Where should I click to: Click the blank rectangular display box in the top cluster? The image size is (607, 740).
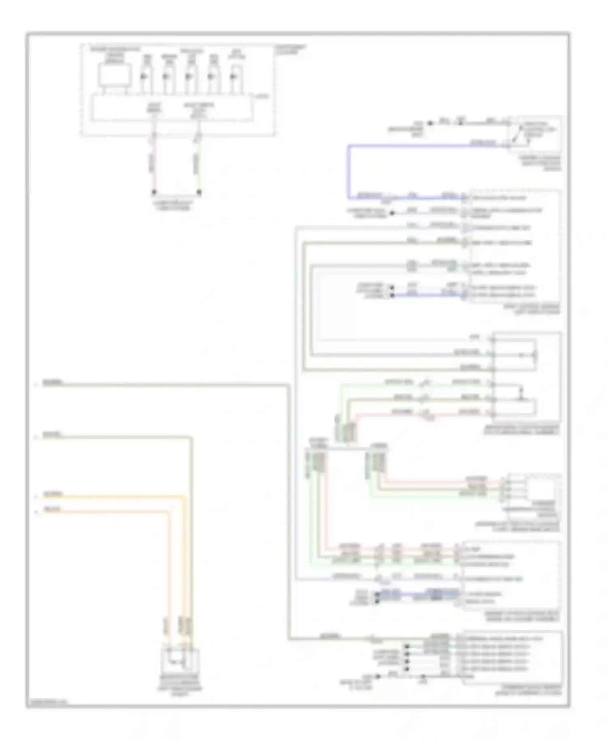[x=115, y=75]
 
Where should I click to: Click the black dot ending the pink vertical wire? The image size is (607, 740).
[x=154, y=192]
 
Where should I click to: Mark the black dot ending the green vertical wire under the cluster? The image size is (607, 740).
[x=199, y=192]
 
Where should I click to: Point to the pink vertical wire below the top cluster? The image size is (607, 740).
[x=154, y=162]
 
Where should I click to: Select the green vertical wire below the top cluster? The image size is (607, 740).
[x=199, y=162]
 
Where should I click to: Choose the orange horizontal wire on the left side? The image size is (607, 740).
[x=113, y=496]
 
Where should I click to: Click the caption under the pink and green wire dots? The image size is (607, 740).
[x=176, y=206]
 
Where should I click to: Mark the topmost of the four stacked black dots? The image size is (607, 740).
[x=407, y=647]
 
